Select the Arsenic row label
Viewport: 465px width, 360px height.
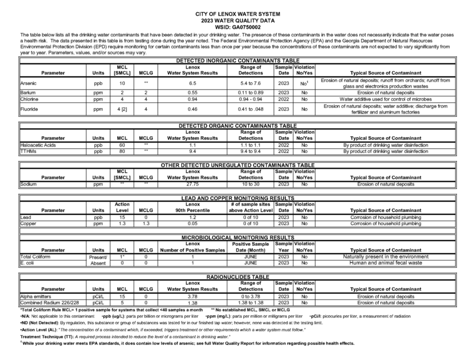pyautogui.click(x=28, y=83)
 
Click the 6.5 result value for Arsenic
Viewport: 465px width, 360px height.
pyautogui.click(x=192, y=83)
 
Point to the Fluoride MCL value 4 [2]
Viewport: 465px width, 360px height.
pyautogui.click(x=122, y=109)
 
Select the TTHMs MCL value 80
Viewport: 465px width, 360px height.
pyautogui.click(x=122, y=151)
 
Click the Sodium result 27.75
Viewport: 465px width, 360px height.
pyautogui.click(x=192, y=184)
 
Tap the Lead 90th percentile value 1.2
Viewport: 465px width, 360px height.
pyautogui.click(x=192, y=217)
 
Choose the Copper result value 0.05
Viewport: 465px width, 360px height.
pyautogui.click(x=192, y=223)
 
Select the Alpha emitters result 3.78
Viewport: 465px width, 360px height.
pyautogui.click(x=192, y=296)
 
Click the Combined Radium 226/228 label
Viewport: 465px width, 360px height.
pyautogui.click(x=48, y=303)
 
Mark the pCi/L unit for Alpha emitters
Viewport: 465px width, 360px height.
pyautogui.click(x=98, y=296)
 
